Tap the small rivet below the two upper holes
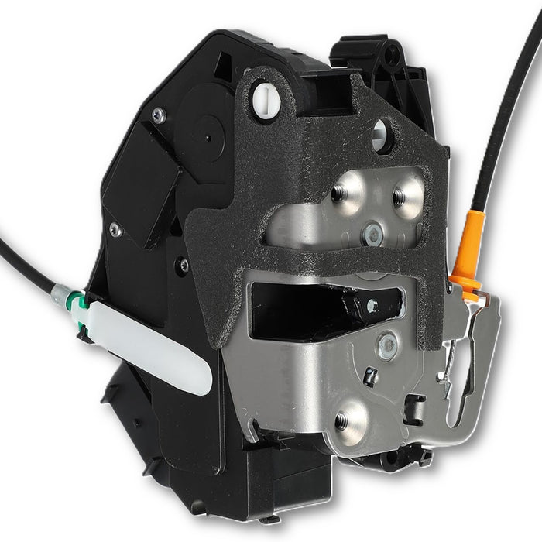[x=374, y=230]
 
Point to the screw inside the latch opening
[x=373, y=307]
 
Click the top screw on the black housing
[x=159, y=115]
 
